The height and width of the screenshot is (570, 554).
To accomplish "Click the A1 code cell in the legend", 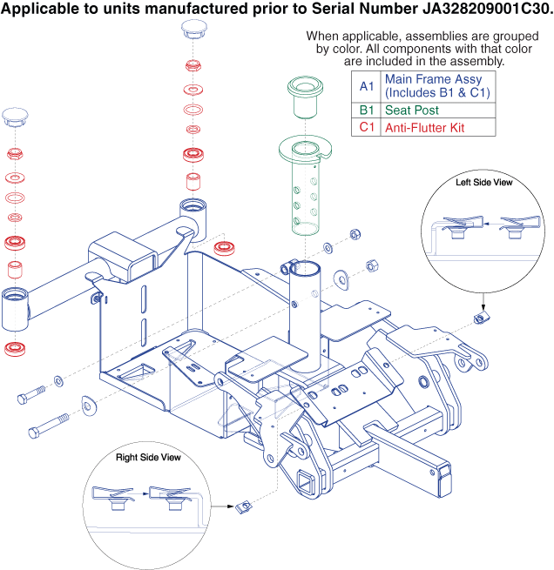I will coord(367,86).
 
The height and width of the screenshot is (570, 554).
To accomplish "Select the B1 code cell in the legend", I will coord(367,111).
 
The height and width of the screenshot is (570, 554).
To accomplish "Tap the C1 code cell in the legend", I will coord(367,127).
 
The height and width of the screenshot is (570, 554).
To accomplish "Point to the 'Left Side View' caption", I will coord(484,183).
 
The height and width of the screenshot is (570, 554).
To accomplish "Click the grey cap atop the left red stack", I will coord(17,115).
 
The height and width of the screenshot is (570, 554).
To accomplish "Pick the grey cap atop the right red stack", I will coord(193,30).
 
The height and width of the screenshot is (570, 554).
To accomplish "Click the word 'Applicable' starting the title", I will coord(38,10).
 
